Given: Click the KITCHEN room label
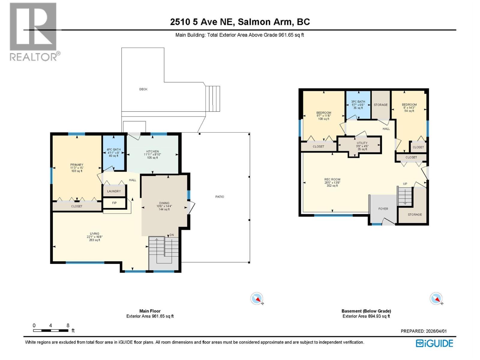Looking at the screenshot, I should tap(152, 152).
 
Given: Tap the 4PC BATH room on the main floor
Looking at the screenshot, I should tap(113, 152).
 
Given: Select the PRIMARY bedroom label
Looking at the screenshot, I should tap(77, 165).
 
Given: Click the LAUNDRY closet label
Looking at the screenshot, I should tap(114, 191).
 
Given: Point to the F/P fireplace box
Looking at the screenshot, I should tap(114, 203).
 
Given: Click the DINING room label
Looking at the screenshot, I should tap(164, 203).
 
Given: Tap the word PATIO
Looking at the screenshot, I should tap(220, 197).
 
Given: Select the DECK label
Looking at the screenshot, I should tap(143, 89).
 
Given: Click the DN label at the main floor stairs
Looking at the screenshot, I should tap(172, 235).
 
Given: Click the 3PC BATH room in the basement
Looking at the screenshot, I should tap(358, 104).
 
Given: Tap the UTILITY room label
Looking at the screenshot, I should tap(362, 143).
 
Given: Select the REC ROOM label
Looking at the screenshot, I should tap(332, 179).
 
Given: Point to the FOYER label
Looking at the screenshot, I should tap(383, 209).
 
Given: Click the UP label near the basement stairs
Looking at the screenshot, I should tap(405, 184).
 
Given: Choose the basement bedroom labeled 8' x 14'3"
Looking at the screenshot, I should tap(409, 107).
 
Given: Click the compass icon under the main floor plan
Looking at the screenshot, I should tap(257, 298).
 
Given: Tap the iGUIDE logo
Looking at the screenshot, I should tap(434, 343).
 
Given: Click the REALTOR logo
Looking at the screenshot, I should tap(34, 31).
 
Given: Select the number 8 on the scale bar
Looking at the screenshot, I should tap(68, 325).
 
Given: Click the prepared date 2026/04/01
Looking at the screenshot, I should tap(436, 331).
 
